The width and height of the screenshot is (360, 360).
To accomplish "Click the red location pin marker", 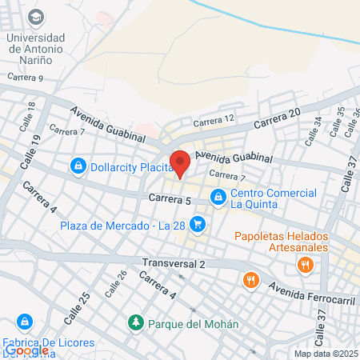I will tap(180, 162).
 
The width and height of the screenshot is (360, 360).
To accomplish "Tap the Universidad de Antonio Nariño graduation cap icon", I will tap(36, 17).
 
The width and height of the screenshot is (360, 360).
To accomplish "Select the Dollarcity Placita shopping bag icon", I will tap(78, 166).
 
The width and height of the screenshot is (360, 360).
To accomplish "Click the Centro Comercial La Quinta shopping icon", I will tap(217, 196).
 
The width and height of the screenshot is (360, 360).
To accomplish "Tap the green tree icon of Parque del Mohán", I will tap(136, 322).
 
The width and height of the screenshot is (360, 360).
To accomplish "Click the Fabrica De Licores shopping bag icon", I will tap(26, 322).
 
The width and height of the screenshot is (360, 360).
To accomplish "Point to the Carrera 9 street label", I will tap(25, 78).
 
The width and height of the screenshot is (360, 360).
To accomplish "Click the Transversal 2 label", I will tap(174, 263).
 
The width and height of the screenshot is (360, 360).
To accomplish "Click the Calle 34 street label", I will tap(312, 131).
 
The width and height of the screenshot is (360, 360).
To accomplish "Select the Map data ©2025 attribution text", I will tap(325, 354).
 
